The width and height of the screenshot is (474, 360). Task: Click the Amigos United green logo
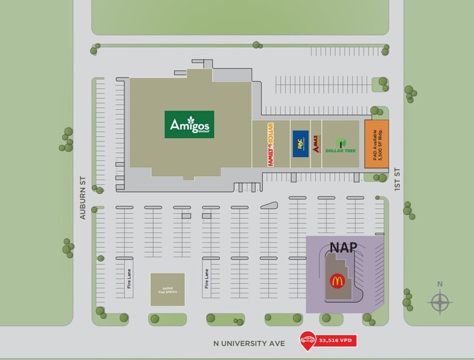[189, 124]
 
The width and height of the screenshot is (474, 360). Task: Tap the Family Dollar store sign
[269, 144]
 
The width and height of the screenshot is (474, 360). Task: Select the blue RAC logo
[300, 144]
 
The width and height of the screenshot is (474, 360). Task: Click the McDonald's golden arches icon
[336, 282]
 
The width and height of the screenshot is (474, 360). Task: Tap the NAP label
[344, 247]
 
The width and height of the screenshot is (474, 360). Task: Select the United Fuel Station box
[167, 290]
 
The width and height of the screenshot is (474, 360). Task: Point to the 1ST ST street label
[397, 180]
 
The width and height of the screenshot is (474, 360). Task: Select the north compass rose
[440, 302]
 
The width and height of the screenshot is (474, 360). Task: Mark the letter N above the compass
[440, 284]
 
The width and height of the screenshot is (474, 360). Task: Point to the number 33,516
[329, 341]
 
